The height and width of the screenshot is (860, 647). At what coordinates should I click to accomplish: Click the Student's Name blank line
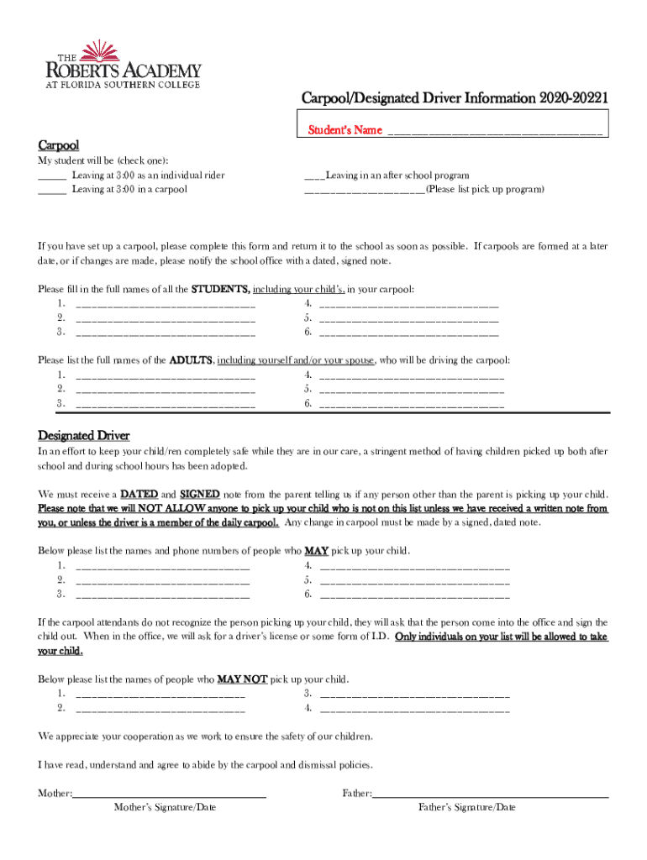(x=494, y=132)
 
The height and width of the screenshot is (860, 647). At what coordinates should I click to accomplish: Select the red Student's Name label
(x=345, y=130)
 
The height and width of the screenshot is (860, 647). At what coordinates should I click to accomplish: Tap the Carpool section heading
(x=58, y=145)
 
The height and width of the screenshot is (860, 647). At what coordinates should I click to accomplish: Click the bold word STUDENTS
(x=220, y=290)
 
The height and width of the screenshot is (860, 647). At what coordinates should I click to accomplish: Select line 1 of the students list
(x=166, y=306)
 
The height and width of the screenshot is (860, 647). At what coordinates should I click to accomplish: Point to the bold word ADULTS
(x=192, y=360)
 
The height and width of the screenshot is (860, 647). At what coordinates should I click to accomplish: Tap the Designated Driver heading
(x=84, y=436)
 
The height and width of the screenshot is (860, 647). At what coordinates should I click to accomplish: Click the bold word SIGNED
(x=200, y=494)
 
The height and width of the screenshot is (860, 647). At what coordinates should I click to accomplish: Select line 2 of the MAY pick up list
(x=163, y=581)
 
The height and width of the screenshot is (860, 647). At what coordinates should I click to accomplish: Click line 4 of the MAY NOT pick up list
(x=415, y=710)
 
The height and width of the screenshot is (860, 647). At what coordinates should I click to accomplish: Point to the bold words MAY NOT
(x=242, y=679)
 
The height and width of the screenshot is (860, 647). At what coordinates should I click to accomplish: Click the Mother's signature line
(x=170, y=794)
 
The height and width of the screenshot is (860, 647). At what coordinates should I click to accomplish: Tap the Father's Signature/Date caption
(x=467, y=808)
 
